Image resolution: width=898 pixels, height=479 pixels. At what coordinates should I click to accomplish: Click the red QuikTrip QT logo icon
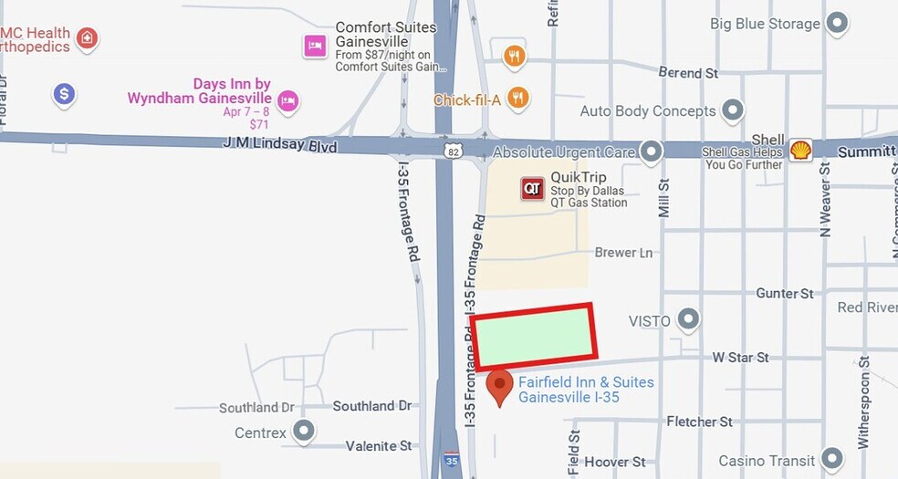pyautogui.click(x=532, y=189)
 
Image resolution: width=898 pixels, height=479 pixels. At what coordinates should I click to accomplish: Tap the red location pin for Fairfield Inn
pyautogui.click(x=499, y=385)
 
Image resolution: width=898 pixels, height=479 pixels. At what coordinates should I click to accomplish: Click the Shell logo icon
pyautogui.click(x=800, y=149)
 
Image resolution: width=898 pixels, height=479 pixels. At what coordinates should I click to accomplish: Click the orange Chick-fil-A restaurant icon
pyautogui.click(x=517, y=98)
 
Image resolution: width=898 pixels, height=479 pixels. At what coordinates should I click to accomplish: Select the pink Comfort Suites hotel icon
pyautogui.click(x=315, y=45)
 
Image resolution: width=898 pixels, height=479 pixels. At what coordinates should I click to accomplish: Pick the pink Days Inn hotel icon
pyautogui.click(x=288, y=100)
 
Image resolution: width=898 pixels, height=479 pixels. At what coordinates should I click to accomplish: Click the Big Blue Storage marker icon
pyautogui.click(x=837, y=24)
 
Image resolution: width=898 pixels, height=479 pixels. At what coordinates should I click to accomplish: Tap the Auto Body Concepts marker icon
pyautogui.click(x=732, y=111)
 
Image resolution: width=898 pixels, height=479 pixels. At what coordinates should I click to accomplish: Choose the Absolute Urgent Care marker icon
pyautogui.click(x=651, y=151)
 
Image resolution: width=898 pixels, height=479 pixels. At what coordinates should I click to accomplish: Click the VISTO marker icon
pyautogui.click(x=688, y=320)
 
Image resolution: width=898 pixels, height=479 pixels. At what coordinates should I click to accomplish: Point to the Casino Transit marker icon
pyautogui.click(x=830, y=460)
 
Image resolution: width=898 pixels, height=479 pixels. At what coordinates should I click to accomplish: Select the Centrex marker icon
pyautogui.click(x=303, y=432)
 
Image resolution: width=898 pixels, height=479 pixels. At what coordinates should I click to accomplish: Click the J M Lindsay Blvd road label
pyautogui.click(x=279, y=145)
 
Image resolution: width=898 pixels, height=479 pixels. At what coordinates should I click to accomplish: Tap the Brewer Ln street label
pyautogui.click(x=623, y=253)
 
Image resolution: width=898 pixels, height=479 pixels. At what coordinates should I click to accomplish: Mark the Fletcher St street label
pyautogui.click(x=699, y=422)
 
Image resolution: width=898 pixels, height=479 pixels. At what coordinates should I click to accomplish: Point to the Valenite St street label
pyautogui.click(x=378, y=446)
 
